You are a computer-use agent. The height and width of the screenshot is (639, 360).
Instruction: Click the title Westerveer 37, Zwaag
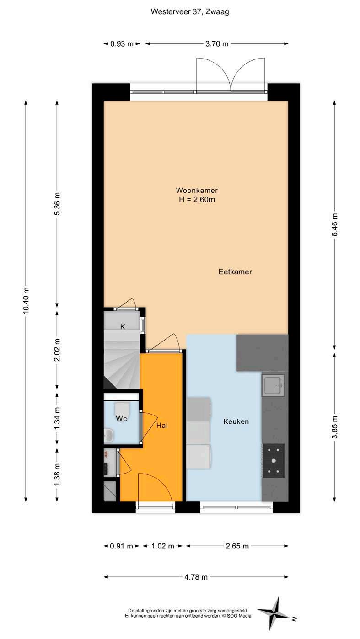(x=190, y=12)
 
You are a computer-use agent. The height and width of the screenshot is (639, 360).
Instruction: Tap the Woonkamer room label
(x=197, y=190)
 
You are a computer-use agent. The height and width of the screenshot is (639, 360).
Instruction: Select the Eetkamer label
(x=235, y=272)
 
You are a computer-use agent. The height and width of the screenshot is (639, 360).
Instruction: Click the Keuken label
(x=236, y=421)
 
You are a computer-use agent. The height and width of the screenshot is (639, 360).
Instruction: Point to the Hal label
(x=162, y=426)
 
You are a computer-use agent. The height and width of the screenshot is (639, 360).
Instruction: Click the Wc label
(x=121, y=419)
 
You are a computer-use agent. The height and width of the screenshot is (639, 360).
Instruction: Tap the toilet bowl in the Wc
(x=122, y=410)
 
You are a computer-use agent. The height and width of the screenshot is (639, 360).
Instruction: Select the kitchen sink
(x=273, y=385)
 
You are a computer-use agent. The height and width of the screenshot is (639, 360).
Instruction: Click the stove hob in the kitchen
(x=273, y=461)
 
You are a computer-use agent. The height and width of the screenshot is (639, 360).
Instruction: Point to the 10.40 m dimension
(x=26, y=300)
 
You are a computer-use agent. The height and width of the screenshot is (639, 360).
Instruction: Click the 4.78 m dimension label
(x=196, y=577)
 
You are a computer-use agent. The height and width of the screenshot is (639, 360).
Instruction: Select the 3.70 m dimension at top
(x=217, y=43)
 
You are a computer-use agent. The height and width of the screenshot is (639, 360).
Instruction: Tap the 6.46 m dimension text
(x=334, y=225)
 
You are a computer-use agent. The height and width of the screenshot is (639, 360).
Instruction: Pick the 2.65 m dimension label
(x=237, y=546)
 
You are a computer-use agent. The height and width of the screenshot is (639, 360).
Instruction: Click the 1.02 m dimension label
(x=162, y=546)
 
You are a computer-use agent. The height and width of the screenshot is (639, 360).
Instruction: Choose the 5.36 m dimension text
(x=57, y=204)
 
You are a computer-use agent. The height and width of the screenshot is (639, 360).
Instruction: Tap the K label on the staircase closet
(x=123, y=327)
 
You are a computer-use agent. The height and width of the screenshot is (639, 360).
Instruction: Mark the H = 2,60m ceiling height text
(x=197, y=199)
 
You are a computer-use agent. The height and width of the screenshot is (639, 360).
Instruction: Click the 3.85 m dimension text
(x=334, y=427)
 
